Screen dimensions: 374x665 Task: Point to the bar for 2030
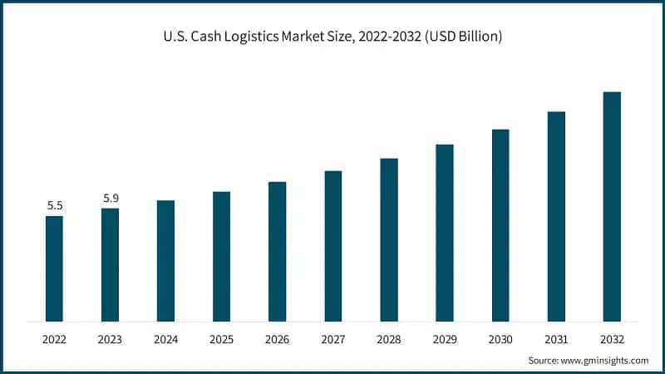(500, 225)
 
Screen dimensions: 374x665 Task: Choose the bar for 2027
(333, 246)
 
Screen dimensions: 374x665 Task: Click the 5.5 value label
(54, 205)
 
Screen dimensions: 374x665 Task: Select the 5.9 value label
(111, 198)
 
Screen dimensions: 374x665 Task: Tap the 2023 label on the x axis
(110, 339)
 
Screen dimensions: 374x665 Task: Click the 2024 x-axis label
(165, 339)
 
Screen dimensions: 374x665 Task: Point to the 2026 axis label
(277, 339)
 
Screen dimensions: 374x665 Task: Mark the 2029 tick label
(445, 339)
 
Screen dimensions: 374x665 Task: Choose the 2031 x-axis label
(556, 339)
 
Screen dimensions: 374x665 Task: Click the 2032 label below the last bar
(612, 339)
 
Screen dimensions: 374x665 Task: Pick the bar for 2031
(556, 216)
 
